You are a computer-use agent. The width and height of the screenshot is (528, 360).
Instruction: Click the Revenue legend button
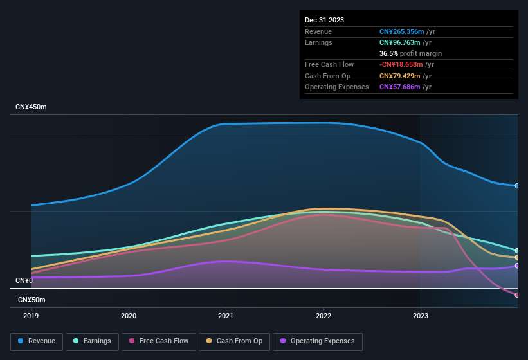37,341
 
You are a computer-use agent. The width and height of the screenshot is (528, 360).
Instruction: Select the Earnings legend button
92,341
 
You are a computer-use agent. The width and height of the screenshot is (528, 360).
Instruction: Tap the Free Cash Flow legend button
159,341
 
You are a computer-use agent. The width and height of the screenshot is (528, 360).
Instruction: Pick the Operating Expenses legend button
317,341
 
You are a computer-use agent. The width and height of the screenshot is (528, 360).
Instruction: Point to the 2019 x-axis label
31,316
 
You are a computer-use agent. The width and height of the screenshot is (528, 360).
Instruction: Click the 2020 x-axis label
129,316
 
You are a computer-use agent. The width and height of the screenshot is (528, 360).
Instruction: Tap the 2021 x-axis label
226,316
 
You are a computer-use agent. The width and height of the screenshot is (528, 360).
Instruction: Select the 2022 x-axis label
323,316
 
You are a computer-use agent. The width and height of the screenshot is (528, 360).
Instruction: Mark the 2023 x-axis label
421,316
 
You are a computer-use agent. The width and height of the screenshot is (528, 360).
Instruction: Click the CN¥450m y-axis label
32,107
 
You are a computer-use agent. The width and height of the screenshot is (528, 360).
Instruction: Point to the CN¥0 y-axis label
24,280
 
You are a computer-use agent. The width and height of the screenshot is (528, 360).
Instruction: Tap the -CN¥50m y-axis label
32,300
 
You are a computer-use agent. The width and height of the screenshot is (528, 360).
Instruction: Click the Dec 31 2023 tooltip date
324,20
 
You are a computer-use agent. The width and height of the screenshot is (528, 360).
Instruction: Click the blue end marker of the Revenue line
517,186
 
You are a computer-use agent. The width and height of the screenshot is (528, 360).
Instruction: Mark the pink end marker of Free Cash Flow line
517,295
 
